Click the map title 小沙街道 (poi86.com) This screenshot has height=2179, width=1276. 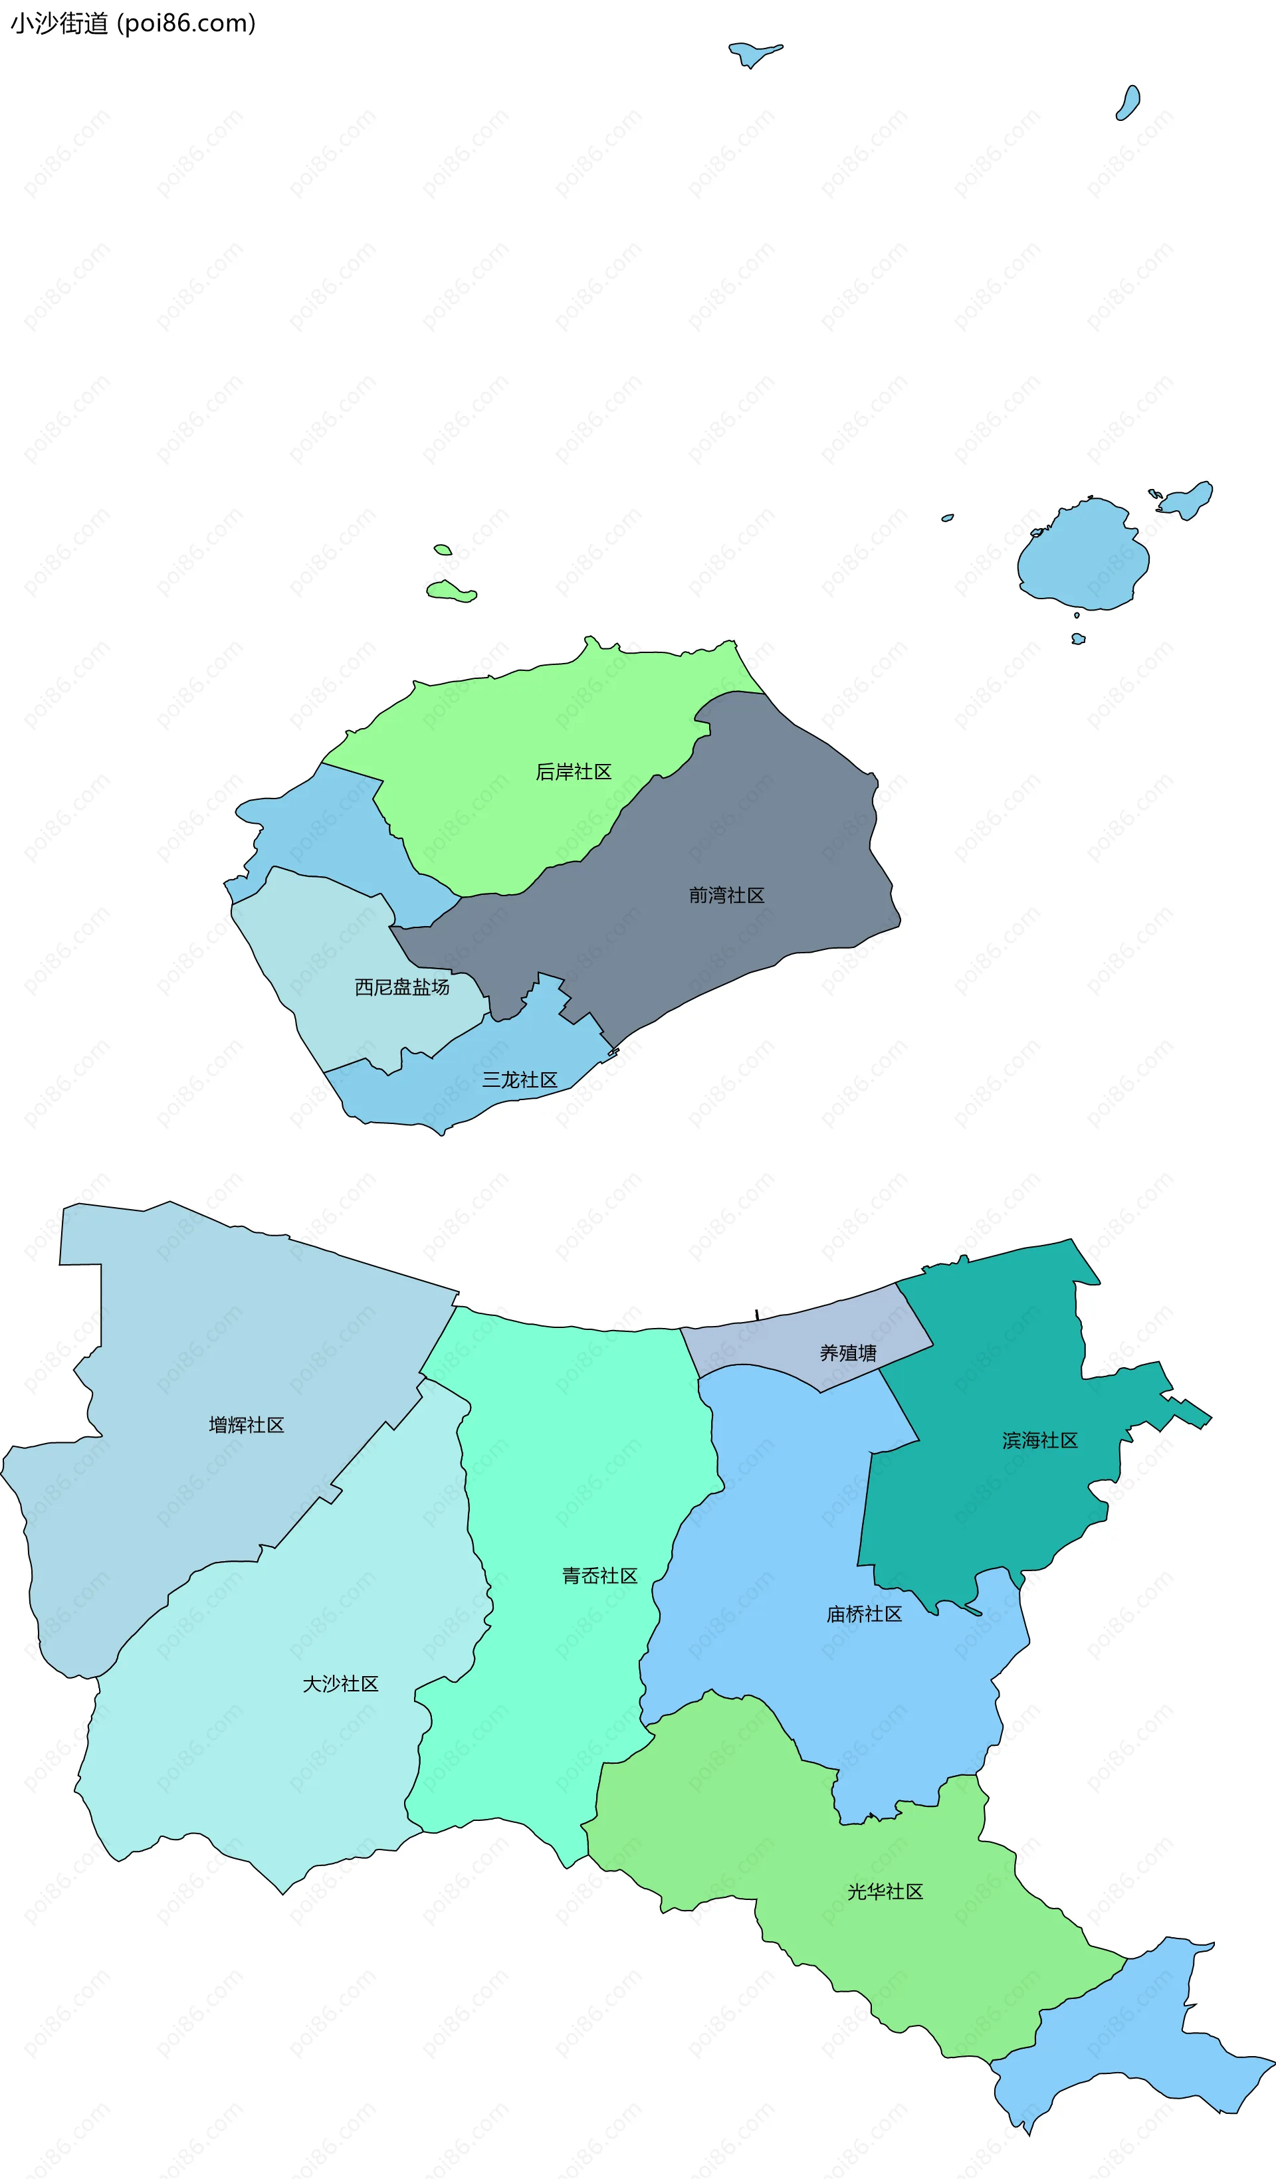132,23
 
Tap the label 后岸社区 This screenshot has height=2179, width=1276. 573,772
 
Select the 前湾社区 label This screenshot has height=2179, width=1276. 726,896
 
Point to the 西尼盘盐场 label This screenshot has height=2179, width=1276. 401,987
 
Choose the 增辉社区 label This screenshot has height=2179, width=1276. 247,1425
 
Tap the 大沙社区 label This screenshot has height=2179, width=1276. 340,1683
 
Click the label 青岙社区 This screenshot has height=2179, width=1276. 599,1575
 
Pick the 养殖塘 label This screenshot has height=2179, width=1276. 848,1353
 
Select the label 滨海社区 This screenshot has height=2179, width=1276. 1040,1440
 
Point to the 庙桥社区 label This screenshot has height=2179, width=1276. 864,1614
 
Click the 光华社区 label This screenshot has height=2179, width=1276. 885,1892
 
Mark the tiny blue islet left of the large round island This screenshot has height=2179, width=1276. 947,518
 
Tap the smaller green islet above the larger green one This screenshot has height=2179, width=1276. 442,549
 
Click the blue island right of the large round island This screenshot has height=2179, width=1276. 1187,500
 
